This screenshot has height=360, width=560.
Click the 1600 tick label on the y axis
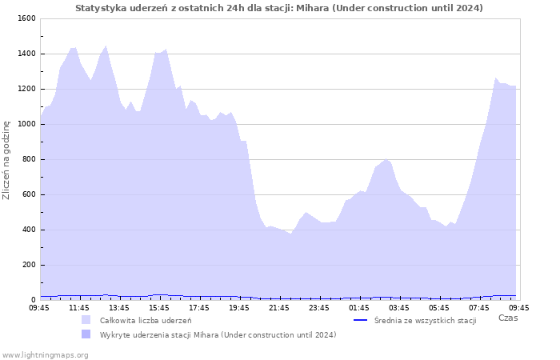[x=26, y=18]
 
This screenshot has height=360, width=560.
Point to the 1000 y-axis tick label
[x=26, y=124]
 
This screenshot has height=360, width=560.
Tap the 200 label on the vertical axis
[x=29, y=265]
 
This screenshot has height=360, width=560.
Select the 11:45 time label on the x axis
[x=79, y=308]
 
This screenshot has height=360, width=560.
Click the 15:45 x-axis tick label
[x=159, y=308]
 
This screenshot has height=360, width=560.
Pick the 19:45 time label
[x=239, y=308]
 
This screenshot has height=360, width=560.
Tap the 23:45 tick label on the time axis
[x=319, y=308]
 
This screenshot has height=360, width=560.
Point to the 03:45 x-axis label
[x=399, y=308]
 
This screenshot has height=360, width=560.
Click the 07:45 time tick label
[x=479, y=308]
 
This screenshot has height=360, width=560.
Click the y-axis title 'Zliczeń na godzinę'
[x=6, y=160]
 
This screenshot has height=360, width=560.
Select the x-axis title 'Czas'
[x=508, y=318]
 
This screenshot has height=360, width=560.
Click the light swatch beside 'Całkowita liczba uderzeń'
[x=86, y=320]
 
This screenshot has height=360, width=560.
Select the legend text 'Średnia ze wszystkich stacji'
[x=426, y=321]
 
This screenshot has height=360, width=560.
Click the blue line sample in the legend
[x=360, y=320]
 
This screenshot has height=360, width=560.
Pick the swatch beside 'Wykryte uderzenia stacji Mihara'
[x=86, y=334]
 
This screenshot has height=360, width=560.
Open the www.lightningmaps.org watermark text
[x=45, y=355]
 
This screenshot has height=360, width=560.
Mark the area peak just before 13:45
[x=106, y=46]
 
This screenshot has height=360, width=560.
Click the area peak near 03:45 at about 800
[x=386, y=159]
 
